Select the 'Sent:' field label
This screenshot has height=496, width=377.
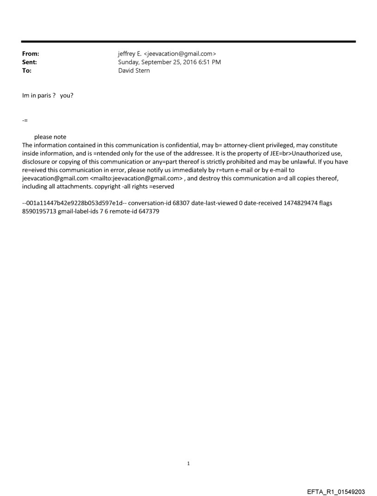pyautogui.click(x=30, y=62)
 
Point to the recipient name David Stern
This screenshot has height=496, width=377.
pyautogui.click(x=134, y=71)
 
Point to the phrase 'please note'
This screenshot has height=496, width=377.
pyautogui.click(x=50, y=137)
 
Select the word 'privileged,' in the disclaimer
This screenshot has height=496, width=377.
pyautogui.click(x=284, y=145)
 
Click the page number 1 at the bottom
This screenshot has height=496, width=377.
pyautogui.click(x=188, y=463)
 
